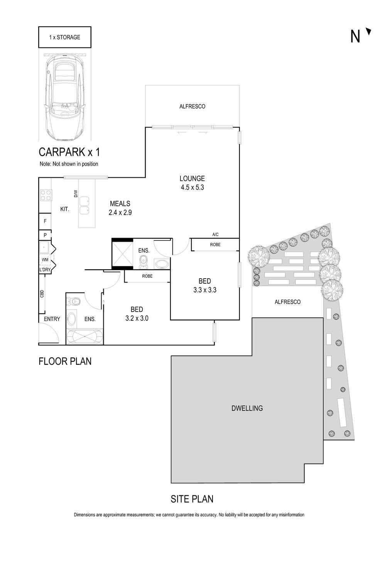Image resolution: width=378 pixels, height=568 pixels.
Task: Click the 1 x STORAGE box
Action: (x=65, y=37)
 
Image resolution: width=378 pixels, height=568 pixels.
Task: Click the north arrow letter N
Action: (x=355, y=36)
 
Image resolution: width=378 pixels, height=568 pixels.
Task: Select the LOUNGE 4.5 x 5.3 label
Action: (x=192, y=183)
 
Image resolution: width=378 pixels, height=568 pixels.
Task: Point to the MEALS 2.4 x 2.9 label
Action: (x=120, y=208)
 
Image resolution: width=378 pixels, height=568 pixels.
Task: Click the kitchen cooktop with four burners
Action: (x=46, y=195)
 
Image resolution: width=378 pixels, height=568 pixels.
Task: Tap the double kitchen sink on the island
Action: (x=84, y=206)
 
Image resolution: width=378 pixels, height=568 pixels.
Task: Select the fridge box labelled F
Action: (x=45, y=221)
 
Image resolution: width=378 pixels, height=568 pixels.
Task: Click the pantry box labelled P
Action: (x=45, y=235)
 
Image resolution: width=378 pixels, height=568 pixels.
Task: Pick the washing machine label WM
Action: (x=45, y=260)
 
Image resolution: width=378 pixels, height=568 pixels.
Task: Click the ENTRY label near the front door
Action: (x=52, y=319)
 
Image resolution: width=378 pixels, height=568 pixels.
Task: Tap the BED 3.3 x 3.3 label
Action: (x=205, y=286)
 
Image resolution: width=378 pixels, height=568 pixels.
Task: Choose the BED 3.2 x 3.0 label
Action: (x=137, y=314)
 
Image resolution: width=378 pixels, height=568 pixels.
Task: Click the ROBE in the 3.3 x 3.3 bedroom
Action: (x=215, y=245)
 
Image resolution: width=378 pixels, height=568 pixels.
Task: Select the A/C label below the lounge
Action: (x=215, y=235)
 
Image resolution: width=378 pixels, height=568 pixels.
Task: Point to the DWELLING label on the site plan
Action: (x=247, y=408)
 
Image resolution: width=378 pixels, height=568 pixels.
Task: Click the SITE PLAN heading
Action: (x=192, y=499)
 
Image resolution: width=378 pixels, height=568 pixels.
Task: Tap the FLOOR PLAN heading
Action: (x=65, y=361)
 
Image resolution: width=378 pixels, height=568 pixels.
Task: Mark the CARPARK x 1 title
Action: (x=69, y=151)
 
